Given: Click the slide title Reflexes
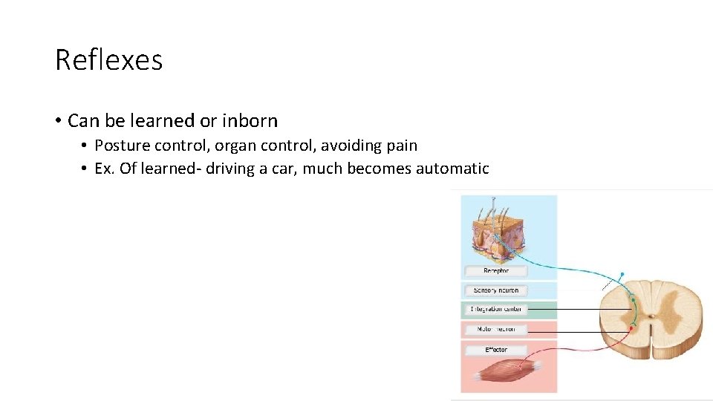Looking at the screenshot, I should pyautogui.click(x=108, y=60).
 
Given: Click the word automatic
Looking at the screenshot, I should pyautogui.click(x=452, y=169).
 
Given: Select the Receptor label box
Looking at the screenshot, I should pyautogui.click(x=495, y=271).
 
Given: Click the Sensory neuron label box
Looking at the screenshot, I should pyautogui.click(x=495, y=290).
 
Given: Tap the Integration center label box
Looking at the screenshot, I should pyautogui.click(x=495, y=309).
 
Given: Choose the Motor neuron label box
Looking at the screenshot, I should pyautogui.click(x=495, y=329).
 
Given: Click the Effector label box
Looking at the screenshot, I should pyautogui.click(x=495, y=349).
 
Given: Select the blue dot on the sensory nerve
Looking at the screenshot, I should pyautogui.click(x=622, y=274).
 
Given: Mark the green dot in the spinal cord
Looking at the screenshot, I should pyautogui.click(x=633, y=300).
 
